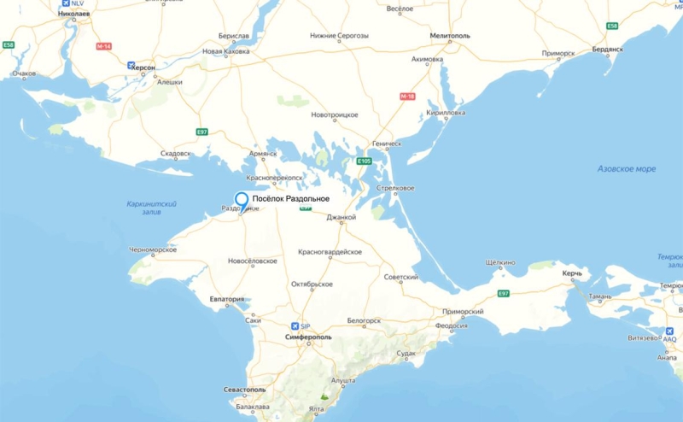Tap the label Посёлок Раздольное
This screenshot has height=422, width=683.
(x=291, y=199)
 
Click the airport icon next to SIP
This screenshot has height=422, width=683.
(x=295, y=325)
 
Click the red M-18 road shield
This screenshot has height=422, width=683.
(x=408, y=97)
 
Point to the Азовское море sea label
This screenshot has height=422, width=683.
(x=627, y=169)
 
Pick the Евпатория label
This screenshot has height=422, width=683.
(x=227, y=300)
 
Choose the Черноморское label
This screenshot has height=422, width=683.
(x=153, y=249)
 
